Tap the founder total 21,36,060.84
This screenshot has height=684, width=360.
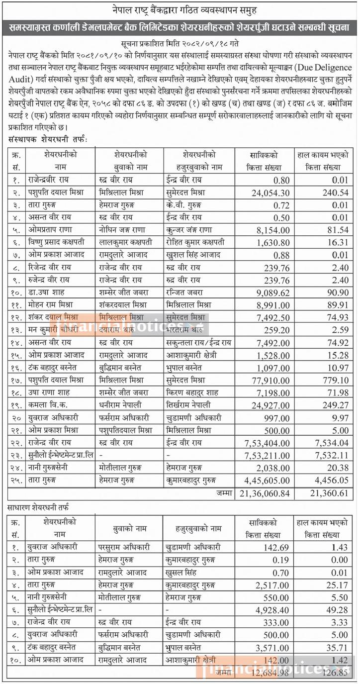[x=264, y=493]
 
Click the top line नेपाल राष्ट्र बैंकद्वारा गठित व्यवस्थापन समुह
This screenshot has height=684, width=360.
[x=180, y=9]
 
